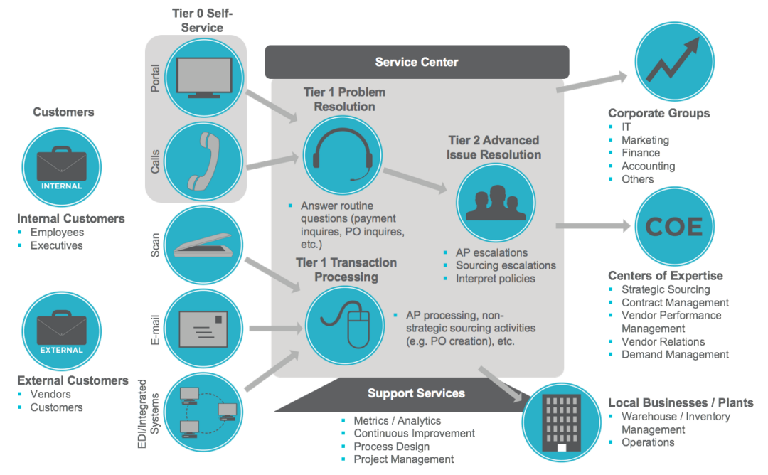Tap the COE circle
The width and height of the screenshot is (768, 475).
tap(673, 226)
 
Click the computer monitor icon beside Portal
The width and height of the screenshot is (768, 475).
tap(203, 75)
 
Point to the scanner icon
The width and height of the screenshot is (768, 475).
tap(203, 245)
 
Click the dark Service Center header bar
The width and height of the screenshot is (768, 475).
tap(417, 63)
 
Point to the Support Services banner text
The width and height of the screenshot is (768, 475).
tap(416, 393)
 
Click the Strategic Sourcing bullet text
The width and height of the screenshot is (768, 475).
tap(666, 289)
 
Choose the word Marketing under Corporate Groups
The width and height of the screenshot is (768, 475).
tap(645, 140)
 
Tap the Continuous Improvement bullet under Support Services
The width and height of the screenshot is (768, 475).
tap(414, 433)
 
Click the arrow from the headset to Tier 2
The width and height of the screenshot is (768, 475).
tap(415, 181)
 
